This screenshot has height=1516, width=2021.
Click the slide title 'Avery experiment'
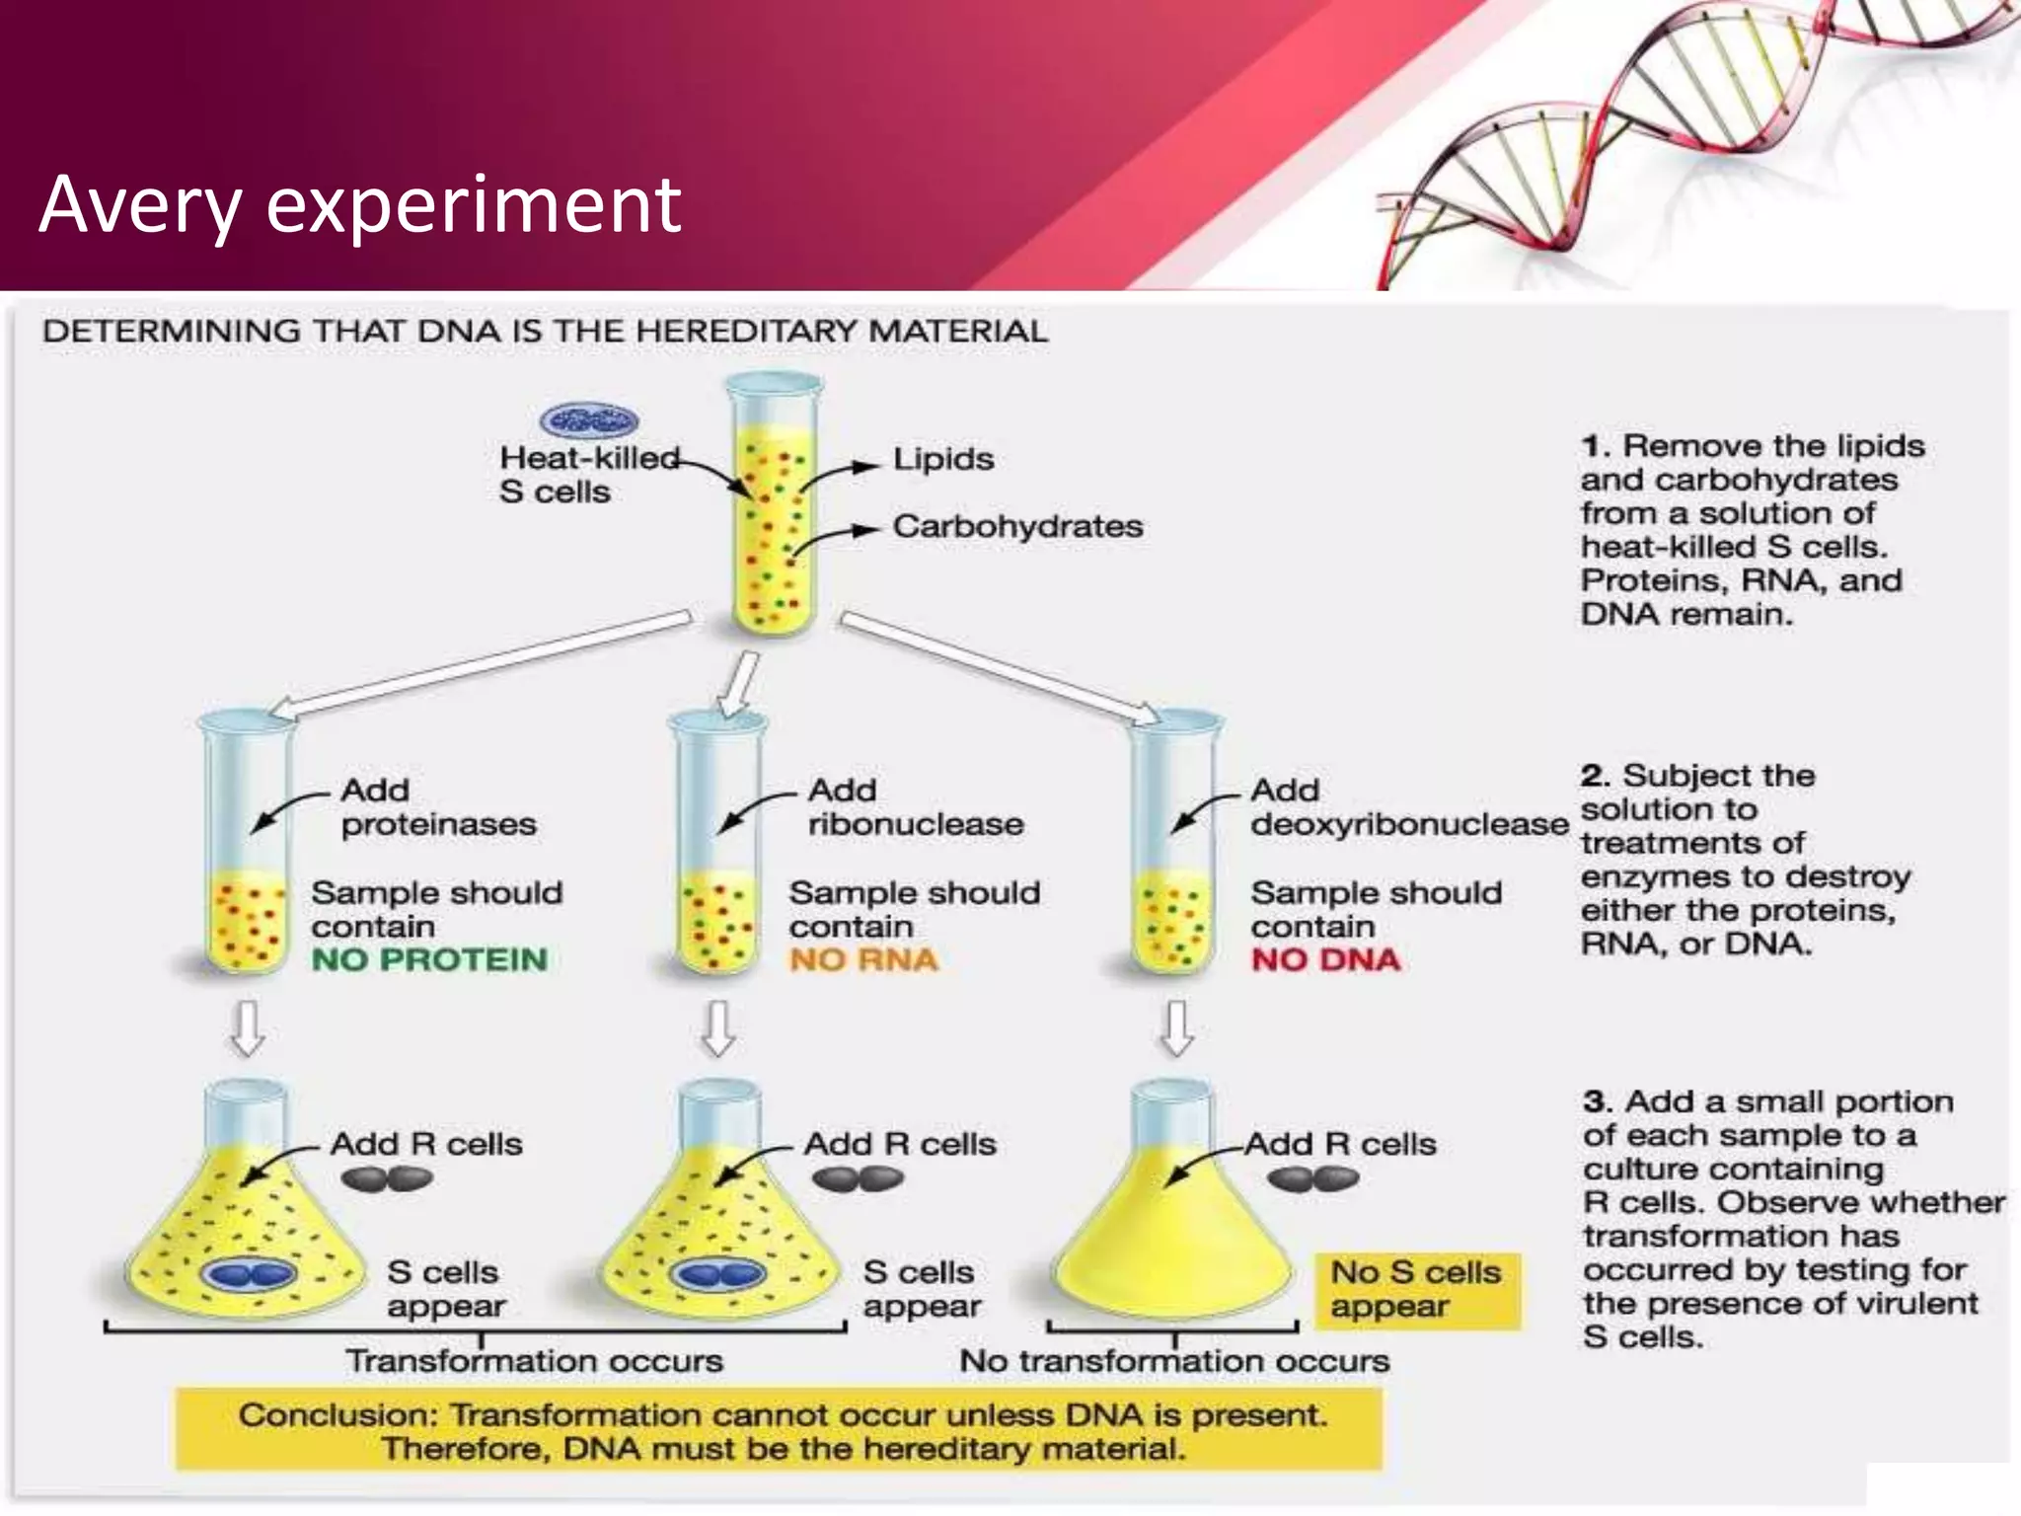click(360, 204)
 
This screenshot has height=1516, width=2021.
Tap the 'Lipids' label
click(942, 459)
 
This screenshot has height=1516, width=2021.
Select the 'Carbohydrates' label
click(1017, 526)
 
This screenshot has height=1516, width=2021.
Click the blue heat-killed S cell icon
click(589, 421)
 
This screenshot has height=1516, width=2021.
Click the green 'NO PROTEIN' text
click(429, 959)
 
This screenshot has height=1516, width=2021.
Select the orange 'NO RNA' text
click(863, 959)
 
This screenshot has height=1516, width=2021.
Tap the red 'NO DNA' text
click(1325, 959)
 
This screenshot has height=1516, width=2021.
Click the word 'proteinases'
click(438, 824)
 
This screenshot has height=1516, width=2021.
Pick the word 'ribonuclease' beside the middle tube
click(916, 824)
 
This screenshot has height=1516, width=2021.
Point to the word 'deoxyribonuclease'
click(1409, 824)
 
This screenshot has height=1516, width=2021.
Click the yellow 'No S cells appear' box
click(1417, 1290)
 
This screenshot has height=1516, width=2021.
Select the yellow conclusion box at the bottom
click(780, 1431)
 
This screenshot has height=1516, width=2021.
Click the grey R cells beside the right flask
click(1312, 1178)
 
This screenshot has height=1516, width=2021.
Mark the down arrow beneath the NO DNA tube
click(1176, 1028)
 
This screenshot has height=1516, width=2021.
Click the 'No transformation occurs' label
click(1174, 1362)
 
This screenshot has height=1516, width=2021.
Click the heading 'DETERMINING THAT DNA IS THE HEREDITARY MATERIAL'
click(545, 332)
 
